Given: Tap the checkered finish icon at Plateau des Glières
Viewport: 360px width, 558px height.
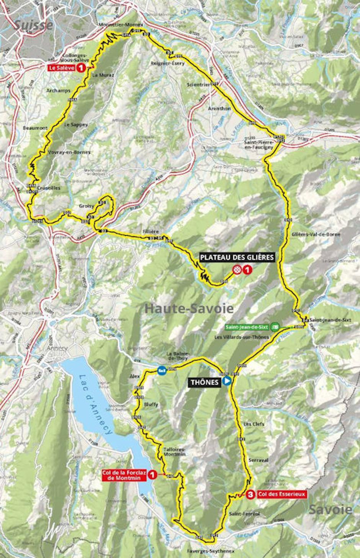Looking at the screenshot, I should [238, 270].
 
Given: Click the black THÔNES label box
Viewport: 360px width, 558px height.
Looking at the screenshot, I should [204, 382].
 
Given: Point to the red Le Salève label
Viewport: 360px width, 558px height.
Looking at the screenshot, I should [61, 68].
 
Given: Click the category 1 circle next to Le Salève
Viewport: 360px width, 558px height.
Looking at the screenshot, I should [81, 68].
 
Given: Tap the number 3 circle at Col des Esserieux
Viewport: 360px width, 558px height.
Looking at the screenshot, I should [250, 494].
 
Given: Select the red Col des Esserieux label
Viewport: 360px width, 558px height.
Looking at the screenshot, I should [282, 494].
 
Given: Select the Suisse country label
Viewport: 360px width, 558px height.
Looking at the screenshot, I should [34, 25].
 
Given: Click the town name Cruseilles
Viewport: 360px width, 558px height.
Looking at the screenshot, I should [49, 188].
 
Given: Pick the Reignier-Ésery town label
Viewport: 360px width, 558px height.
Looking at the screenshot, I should [168, 63].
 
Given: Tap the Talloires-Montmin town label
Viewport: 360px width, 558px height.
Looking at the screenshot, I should [174, 452].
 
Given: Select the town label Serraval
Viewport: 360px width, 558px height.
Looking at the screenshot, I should [258, 460].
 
